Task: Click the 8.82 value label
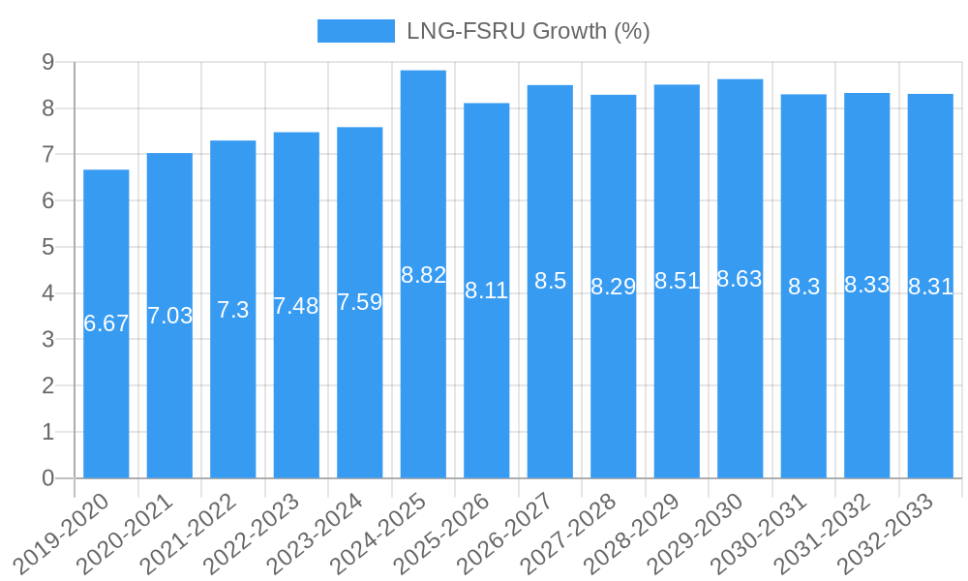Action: coord(423,275)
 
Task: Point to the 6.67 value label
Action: coord(106,323)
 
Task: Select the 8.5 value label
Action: coord(550,281)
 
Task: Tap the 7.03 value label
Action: coord(169,316)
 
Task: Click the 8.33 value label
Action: coord(866,285)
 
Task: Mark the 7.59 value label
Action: coord(359,302)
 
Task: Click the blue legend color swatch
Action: coord(355,31)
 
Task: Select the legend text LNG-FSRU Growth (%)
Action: coord(528,31)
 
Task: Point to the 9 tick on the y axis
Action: coord(47,62)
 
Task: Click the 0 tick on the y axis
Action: coord(47,478)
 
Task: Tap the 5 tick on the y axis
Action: coord(47,247)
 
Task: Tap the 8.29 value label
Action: coord(613,287)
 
